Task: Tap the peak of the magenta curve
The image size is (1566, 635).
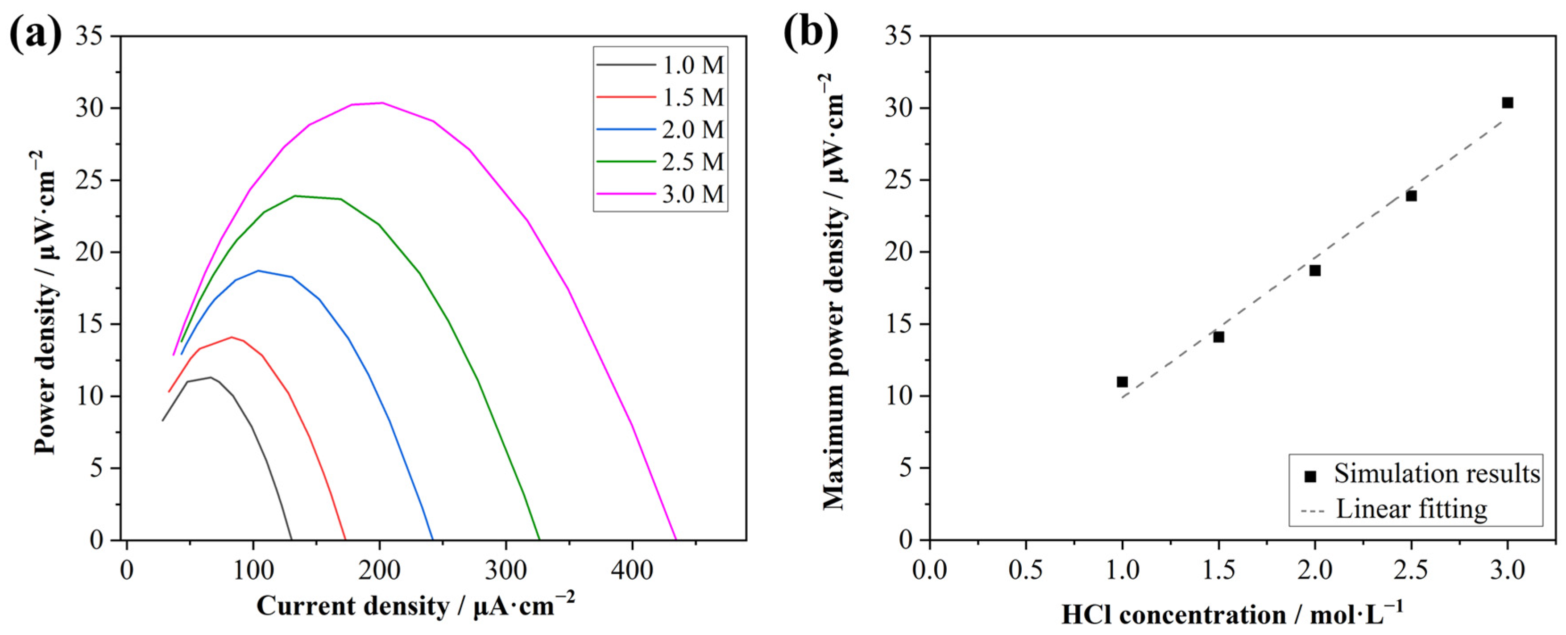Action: pos(382,103)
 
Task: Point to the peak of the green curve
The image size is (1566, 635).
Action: pos(295,196)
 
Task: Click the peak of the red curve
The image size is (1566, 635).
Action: pos(232,337)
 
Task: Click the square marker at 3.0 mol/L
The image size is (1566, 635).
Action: pos(1507,103)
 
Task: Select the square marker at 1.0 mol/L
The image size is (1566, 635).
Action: pos(1122,382)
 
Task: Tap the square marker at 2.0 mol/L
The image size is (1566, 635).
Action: pos(1315,271)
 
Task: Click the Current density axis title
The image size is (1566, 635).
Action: pos(415,606)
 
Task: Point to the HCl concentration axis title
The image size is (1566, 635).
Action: pos(1232,614)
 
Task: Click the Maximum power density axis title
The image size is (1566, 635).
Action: pos(834,292)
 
